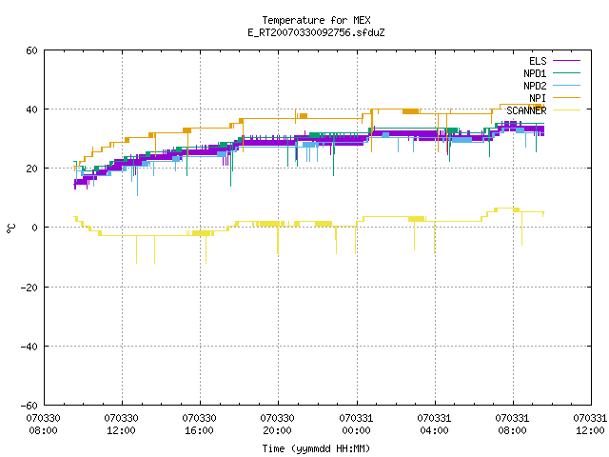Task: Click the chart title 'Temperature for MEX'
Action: [316, 20]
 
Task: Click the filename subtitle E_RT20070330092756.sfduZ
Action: [316, 32]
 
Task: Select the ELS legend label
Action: [538, 61]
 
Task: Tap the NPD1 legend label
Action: [535, 73]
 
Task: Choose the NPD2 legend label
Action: [535, 86]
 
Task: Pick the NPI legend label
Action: [538, 98]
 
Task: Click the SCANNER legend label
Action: [526, 110]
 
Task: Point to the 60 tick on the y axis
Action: [31, 50]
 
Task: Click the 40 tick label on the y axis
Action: [31, 109]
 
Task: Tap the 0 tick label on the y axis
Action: [35, 228]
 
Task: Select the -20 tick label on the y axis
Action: [29, 288]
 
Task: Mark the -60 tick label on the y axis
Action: [29, 406]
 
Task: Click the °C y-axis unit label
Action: [10, 228]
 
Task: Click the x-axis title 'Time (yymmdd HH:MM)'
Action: [316, 448]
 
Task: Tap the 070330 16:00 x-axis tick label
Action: [199, 425]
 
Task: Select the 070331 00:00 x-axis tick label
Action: [356, 425]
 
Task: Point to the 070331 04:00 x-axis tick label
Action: [434, 425]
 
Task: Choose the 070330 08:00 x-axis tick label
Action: [43, 425]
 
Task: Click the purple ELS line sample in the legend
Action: [566, 61]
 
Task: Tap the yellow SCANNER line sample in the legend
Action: [566, 110]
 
